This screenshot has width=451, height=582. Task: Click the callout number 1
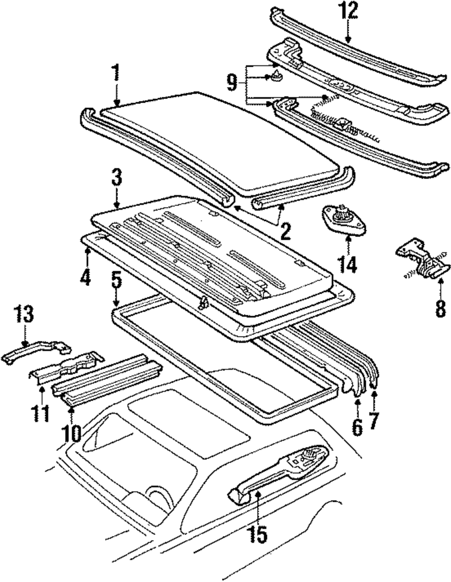click(116, 73)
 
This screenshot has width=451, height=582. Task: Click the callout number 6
click(357, 427)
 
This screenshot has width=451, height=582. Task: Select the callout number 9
click(232, 82)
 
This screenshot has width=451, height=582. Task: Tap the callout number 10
click(72, 433)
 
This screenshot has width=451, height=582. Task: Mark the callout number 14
click(349, 264)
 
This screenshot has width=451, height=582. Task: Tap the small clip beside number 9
click(276, 79)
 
